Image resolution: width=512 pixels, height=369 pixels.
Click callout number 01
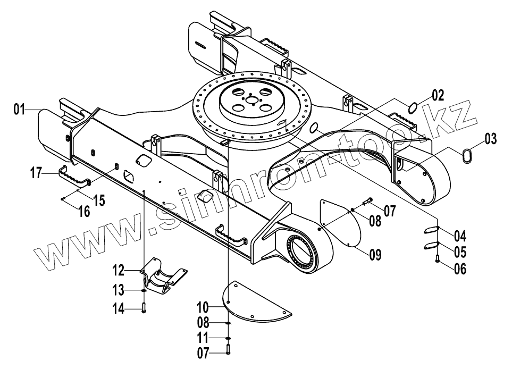point(20,110)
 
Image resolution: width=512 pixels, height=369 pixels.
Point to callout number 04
point(460,235)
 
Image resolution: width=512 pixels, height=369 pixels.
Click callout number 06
point(460,269)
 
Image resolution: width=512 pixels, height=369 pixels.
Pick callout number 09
point(375,255)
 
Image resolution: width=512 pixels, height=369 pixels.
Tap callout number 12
point(118,271)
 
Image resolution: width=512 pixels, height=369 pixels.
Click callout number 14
point(118,308)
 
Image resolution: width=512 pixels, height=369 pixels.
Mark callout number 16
point(83,211)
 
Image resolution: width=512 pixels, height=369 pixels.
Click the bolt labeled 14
point(144,307)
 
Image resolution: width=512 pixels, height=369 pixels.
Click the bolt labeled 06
point(437,259)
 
